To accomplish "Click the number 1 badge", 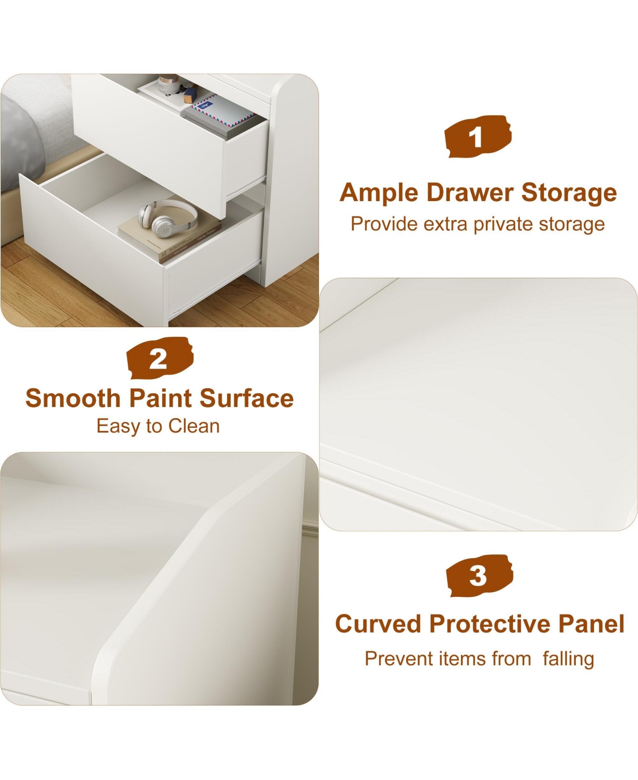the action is coord(477,136).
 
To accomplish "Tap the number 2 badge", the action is coord(159,358).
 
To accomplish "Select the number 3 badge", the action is coord(479,576).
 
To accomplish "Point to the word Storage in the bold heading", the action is coord(569,194).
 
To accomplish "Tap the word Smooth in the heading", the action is coord(73,399).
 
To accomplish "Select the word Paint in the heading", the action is coord(161,399).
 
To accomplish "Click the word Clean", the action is coord(194,426).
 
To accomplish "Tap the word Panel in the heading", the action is coord(591,624).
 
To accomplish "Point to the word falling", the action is coord(568,659).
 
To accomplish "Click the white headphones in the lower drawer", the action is coord(168,218).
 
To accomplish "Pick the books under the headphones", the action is coord(170,237).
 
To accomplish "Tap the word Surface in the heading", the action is coord(247,399).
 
